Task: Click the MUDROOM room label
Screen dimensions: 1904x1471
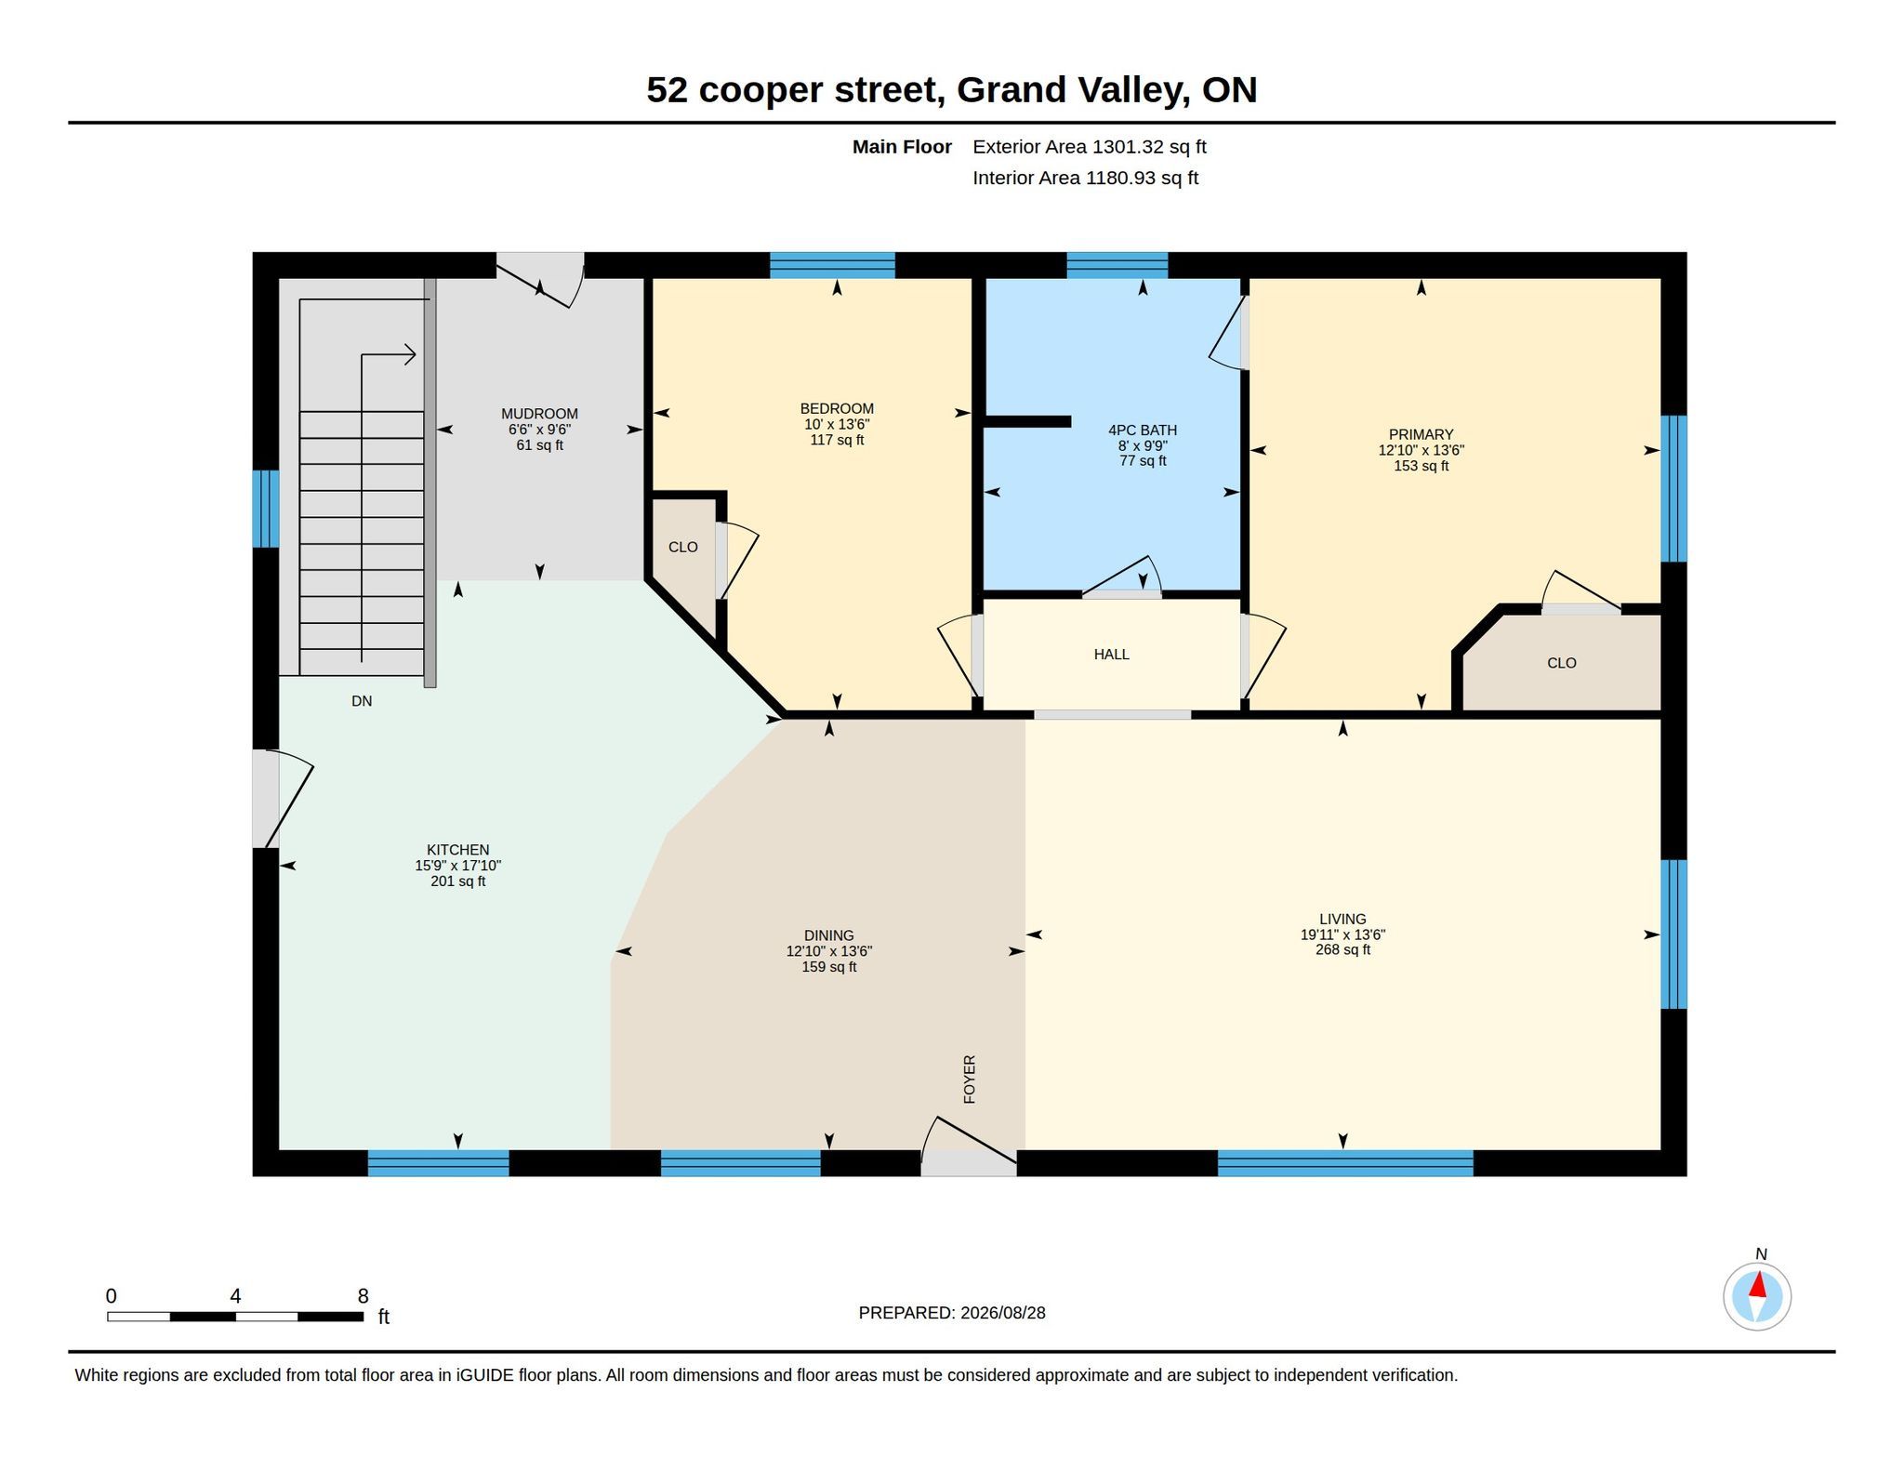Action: click(x=539, y=414)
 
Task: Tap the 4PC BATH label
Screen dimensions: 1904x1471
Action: click(x=1143, y=430)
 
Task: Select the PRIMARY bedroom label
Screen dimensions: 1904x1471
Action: click(x=1421, y=434)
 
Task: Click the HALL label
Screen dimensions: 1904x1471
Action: click(x=1111, y=655)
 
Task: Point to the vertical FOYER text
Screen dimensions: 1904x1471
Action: click(x=970, y=1079)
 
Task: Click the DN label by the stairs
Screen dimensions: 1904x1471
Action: click(x=362, y=701)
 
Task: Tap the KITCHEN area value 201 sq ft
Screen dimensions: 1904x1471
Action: click(x=457, y=881)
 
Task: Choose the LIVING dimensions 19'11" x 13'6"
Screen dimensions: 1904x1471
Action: click(x=1342, y=934)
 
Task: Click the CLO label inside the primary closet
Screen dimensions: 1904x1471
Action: click(x=1562, y=663)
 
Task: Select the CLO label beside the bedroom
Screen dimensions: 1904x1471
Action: click(x=682, y=547)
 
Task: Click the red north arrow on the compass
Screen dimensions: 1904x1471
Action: click(x=1757, y=1285)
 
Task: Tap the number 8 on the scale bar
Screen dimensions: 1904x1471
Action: click(x=363, y=1296)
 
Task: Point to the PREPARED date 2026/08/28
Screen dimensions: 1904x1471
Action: click(x=1002, y=1313)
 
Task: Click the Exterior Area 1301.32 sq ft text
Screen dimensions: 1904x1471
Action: click(x=1090, y=147)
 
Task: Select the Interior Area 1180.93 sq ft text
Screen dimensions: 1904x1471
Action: click(x=1085, y=178)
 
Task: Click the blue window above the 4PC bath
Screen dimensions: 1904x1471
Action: click(x=1117, y=265)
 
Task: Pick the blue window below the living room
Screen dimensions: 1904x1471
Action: click(x=1345, y=1163)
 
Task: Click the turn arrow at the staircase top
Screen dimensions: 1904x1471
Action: click(x=389, y=354)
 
